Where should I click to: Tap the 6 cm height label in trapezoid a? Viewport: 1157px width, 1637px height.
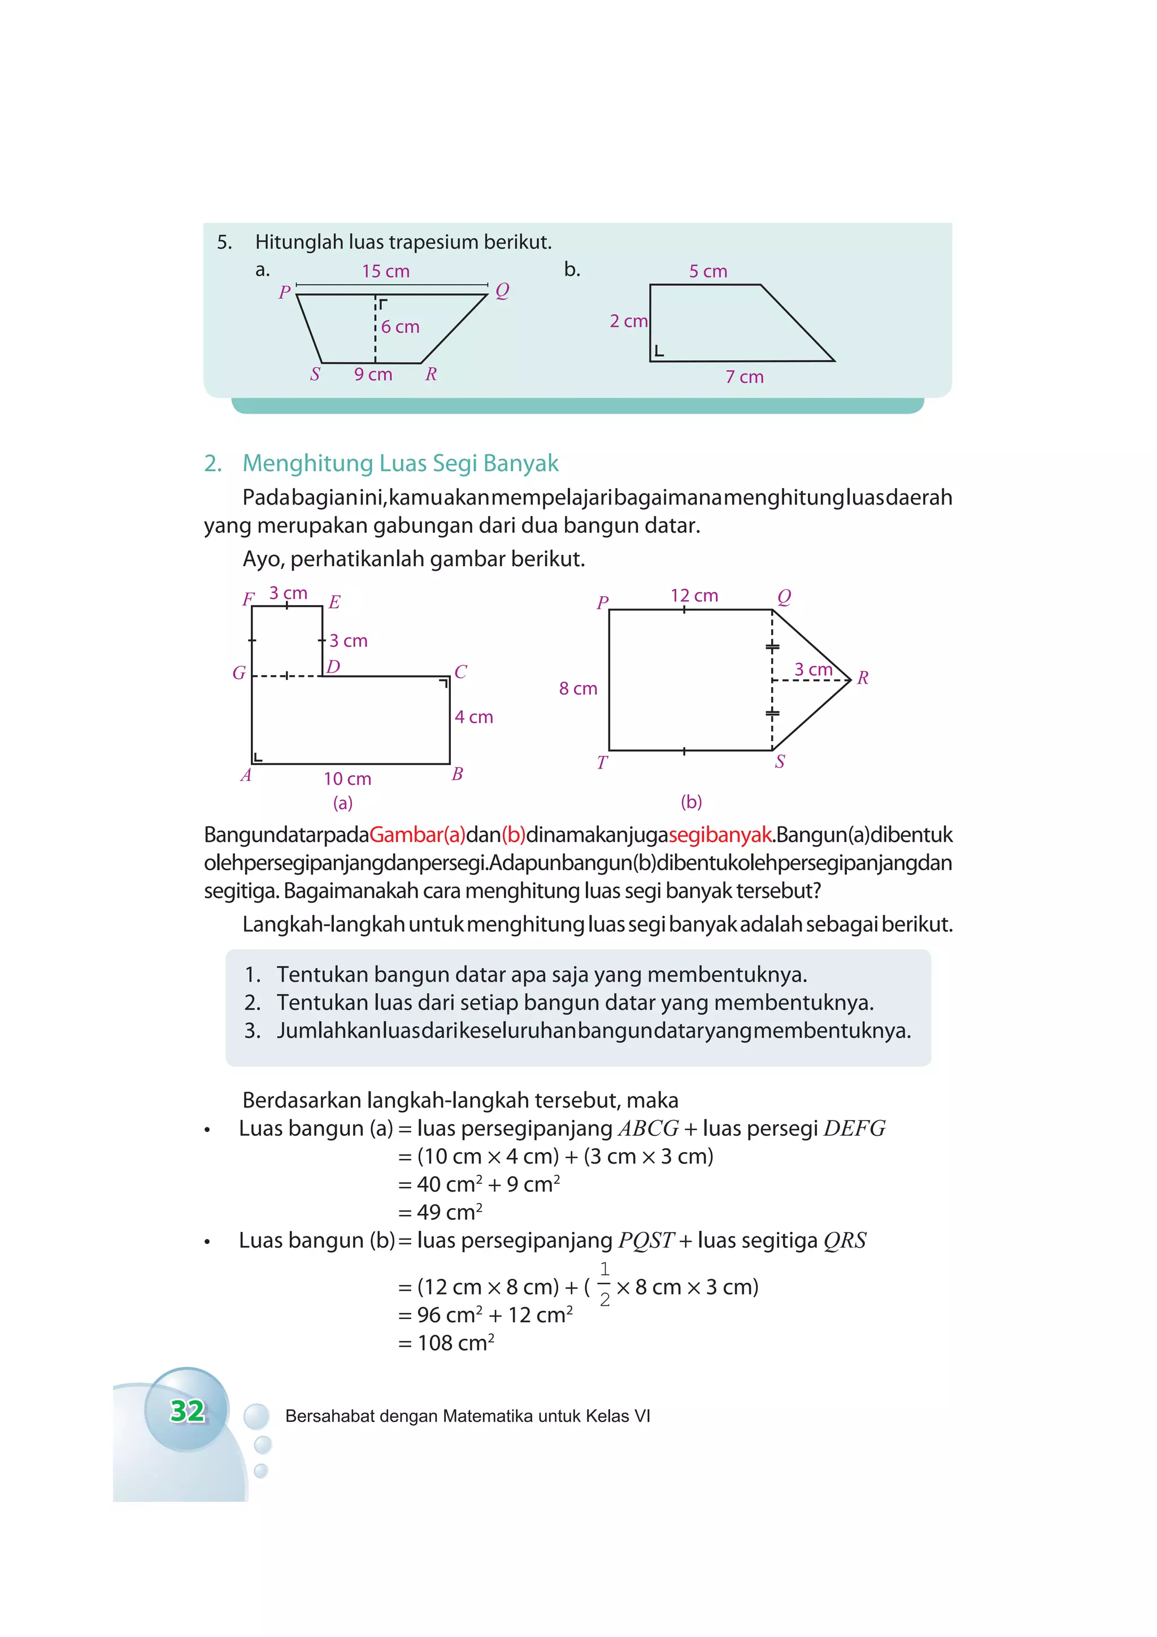[x=400, y=327]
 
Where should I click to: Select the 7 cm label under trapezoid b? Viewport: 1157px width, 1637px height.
[x=744, y=377]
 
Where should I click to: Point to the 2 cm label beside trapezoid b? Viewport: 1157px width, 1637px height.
[x=628, y=322]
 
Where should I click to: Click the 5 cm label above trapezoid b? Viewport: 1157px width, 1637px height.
[x=708, y=272]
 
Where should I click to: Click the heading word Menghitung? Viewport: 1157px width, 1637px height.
[x=307, y=463]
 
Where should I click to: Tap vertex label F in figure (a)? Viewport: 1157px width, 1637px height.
[x=248, y=599]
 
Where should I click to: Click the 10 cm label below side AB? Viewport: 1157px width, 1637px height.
[x=347, y=779]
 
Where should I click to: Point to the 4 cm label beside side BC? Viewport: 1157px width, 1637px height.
[x=474, y=717]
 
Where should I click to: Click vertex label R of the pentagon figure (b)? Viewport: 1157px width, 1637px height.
[x=863, y=678]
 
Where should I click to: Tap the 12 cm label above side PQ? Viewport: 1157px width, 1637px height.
[x=694, y=596]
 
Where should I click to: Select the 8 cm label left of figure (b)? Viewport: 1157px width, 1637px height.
[x=578, y=689]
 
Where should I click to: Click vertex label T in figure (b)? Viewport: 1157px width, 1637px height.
[x=602, y=763]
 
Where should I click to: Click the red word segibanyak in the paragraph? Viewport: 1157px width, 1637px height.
[x=720, y=835]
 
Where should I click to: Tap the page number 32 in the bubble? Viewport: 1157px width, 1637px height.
[x=188, y=1411]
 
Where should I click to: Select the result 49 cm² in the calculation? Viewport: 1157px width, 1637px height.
[x=449, y=1213]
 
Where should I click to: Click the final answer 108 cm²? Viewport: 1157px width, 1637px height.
[x=455, y=1344]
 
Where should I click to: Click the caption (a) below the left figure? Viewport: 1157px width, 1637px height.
[x=343, y=804]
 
